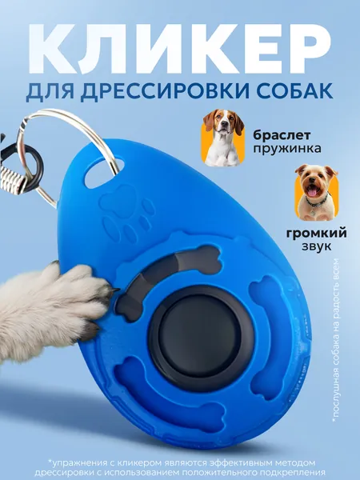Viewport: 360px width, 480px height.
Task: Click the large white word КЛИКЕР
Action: (x=180, y=49)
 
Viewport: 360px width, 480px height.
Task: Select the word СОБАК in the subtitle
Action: (x=294, y=91)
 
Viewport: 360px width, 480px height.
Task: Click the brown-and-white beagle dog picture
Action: (x=223, y=138)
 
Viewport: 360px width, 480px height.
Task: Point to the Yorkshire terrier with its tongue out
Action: (x=316, y=192)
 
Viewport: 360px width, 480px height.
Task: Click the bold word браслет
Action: (x=282, y=135)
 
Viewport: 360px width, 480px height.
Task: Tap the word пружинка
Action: (x=287, y=149)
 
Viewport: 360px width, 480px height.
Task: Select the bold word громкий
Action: (x=317, y=234)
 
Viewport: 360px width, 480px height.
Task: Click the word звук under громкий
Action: (x=317, y=246)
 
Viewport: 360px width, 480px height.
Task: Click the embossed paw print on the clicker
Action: (x=127, y=213)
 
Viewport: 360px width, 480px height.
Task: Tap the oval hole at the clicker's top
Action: (x=104, y=173)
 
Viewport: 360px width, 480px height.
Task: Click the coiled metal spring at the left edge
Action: (x=12, y=178)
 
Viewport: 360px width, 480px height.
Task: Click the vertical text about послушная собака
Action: (x=335, y=341)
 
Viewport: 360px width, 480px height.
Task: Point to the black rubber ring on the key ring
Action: (x=28, y=169)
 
